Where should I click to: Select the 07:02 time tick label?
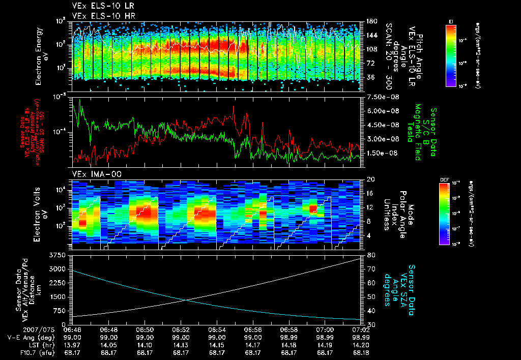[x=360, y=329]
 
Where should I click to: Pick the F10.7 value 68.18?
[x=360, y=352]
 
